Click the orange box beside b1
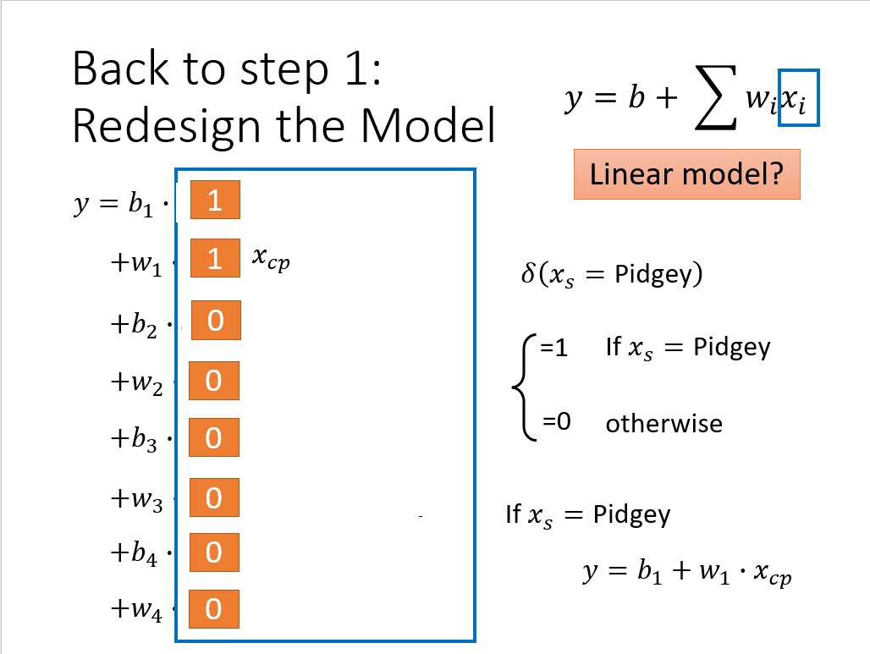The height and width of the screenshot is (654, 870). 215,200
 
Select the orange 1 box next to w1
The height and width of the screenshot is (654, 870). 215,258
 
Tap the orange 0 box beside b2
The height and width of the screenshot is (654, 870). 216,320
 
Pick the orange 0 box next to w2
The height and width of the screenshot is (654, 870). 214,381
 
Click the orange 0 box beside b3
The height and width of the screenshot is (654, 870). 214,437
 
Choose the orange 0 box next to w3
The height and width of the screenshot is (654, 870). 214,497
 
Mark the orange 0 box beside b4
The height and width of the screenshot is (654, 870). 214,552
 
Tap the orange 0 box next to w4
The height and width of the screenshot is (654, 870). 214,609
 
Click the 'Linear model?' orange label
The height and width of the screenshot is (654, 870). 687,174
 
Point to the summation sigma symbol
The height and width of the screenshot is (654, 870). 717,97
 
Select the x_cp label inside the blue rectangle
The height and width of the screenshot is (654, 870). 271,259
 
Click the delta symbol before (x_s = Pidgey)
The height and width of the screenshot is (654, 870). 528,273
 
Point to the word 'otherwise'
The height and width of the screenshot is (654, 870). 664,424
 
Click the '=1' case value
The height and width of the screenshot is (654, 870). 553,348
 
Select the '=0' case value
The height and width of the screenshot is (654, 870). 557,421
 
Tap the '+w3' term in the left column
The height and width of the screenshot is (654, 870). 137,499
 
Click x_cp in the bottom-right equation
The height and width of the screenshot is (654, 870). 773,573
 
